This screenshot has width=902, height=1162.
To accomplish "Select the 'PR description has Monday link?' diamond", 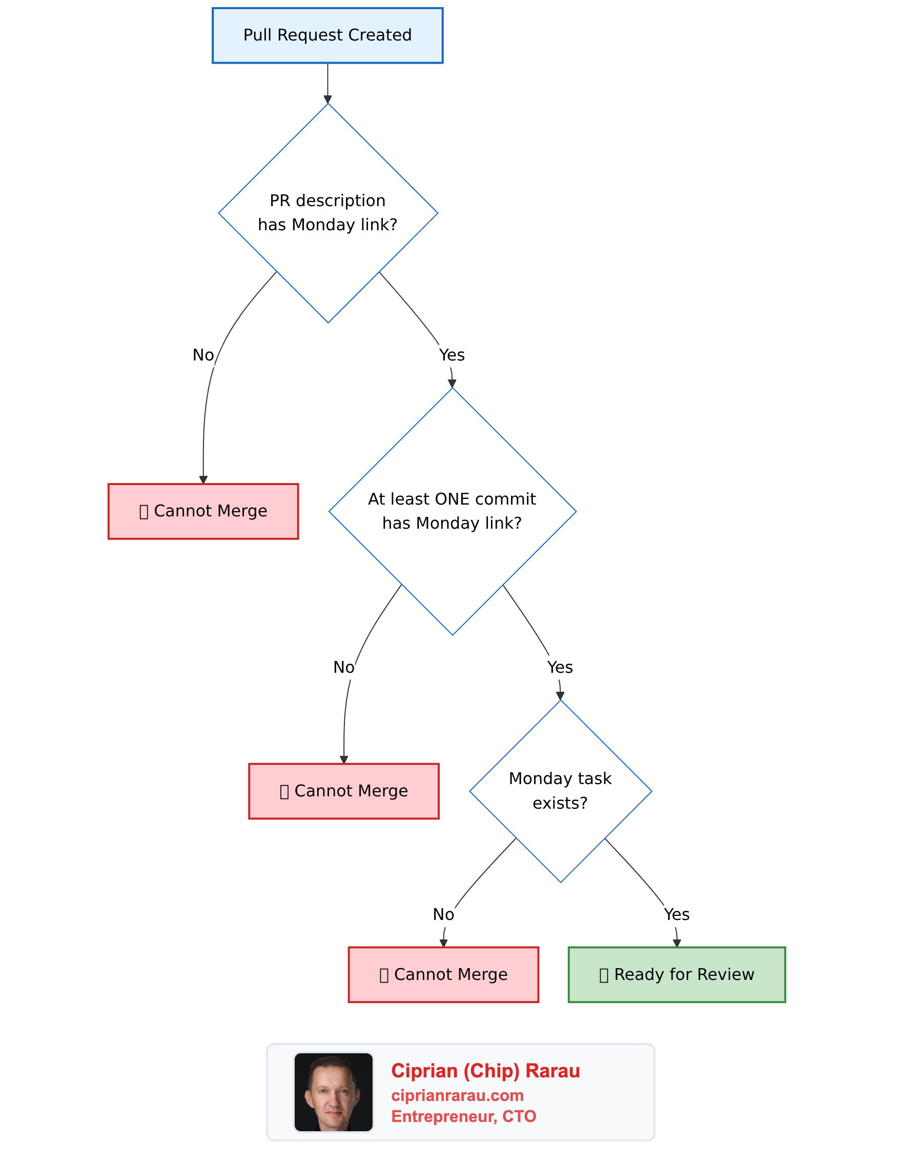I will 327,213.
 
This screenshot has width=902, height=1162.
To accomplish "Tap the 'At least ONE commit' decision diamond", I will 452,511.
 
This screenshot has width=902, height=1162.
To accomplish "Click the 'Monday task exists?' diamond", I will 561,791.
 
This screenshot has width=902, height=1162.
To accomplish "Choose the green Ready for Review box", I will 676,974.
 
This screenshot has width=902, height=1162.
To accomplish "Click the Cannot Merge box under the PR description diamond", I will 203,511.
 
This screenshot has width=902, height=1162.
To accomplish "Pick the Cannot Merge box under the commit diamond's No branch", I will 343,791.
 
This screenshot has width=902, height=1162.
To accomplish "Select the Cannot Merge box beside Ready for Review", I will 443,974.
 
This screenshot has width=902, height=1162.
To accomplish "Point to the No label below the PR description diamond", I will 203,355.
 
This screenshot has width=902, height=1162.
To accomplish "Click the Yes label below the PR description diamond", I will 452,355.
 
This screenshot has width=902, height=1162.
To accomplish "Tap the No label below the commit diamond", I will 343,667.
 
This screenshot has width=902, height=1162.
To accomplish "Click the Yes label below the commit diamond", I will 560,667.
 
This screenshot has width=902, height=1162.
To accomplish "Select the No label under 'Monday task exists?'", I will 443,914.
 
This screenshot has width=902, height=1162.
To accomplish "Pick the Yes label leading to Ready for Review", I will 676,914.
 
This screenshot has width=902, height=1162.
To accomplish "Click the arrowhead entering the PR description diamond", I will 327,99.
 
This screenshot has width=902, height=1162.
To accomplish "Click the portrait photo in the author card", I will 334,1092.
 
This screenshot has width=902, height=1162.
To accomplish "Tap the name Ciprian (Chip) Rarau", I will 485,1071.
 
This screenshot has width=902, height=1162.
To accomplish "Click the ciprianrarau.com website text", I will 457,1095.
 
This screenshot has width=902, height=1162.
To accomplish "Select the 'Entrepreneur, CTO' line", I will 464,1116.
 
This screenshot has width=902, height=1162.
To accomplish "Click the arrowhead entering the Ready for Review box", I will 677,944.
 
